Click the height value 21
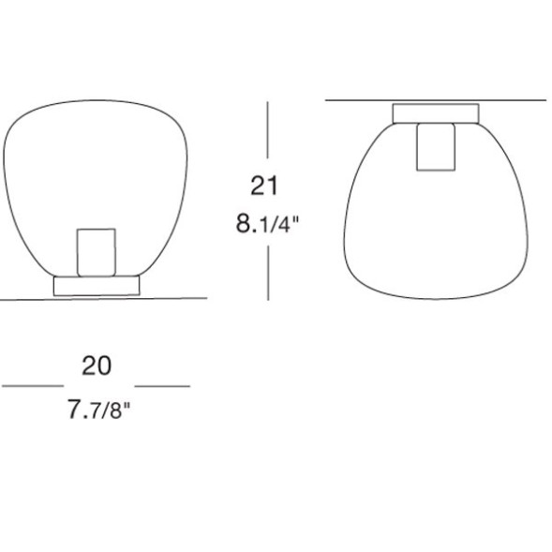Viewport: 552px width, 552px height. tap(264, 186)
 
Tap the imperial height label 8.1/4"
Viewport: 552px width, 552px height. tap(267, 224)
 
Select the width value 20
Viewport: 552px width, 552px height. tap(97, 366)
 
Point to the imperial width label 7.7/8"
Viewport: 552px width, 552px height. tap(99, 409)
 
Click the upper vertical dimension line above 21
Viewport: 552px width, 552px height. tap(267, 130)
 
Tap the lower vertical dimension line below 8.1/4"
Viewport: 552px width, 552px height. tap(268, 273)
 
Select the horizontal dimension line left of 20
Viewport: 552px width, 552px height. tap(33, 386)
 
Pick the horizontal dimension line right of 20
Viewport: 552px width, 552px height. tap(162, 386)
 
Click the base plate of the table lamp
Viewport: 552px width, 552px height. tap(97, 286)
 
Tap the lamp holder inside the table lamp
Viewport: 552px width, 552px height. tap(97, 252)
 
